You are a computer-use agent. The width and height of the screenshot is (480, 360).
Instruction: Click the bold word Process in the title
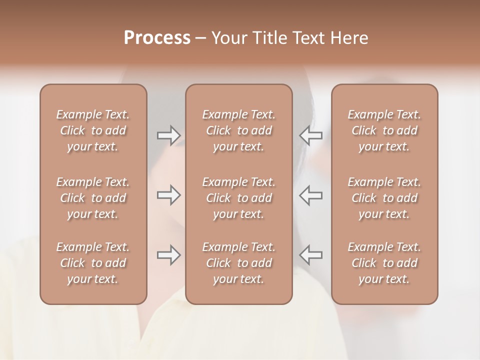pyautogui.click(x=157, y=38)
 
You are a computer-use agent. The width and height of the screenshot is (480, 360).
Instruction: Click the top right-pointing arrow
pyautogui.click(x=168, y=135)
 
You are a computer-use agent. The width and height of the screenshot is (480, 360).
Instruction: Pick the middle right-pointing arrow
pyautogui.click(x=168, y=195)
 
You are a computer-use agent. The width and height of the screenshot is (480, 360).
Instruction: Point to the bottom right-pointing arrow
pyautogui.click(x=168, y=255)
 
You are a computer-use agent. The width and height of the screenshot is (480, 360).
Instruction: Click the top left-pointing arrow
pyautogui.click(x=311, y=135)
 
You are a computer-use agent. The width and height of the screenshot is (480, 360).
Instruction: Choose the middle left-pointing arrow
pyautogui.click(x=311, y=195)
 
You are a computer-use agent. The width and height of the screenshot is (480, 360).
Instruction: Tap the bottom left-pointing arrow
pyautogui.click(x=311, y=255)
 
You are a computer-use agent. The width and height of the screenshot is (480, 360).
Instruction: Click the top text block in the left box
pyautogui.click(x=93, y=130)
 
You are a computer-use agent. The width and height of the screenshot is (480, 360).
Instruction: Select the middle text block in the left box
pyautogui.click(x=93, y=198)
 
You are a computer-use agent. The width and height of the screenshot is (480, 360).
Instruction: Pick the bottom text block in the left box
pyautogui.click(x=93, y=263)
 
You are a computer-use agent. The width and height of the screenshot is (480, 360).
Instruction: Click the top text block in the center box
pyautogui.click(x=239, y=130)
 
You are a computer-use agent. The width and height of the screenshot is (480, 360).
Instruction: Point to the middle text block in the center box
pyautogui.click(x=239, y=198)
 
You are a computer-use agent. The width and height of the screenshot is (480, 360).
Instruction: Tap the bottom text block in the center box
pyautogui.click(x=239, y=263)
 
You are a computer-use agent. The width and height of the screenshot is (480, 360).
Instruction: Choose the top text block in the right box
pyautogui.click(x=384, y=130)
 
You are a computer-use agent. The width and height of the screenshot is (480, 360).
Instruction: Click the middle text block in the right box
pyautogui.click(x=384, y=198)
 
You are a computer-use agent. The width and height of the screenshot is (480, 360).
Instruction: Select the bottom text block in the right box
pyautogui.click(x=384, y=263)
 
